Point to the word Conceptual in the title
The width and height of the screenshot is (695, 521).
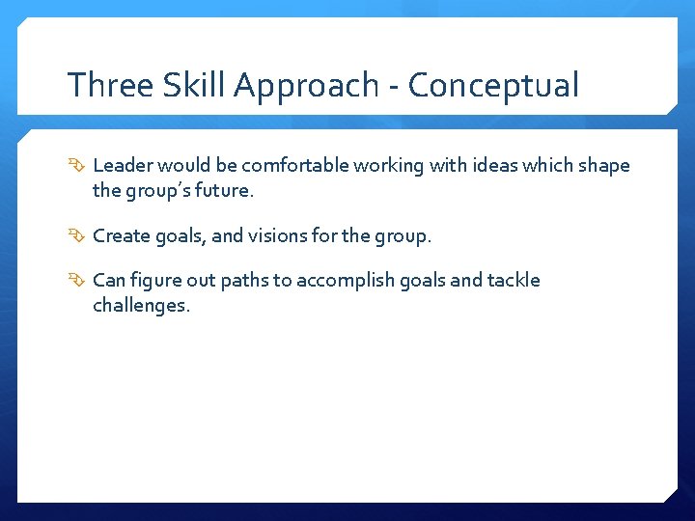(493, 87)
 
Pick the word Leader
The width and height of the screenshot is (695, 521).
(123, 166)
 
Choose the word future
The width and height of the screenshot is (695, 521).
(224, 191)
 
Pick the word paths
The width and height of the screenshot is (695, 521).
(245, 281)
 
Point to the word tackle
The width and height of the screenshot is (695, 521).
(514, 281)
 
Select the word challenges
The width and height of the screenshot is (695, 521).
(141, 307)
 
